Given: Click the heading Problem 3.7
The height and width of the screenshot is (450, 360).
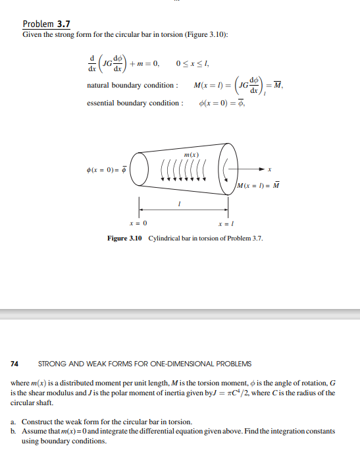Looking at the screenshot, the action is point(46,24).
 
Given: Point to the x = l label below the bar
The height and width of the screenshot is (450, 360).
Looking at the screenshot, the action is point(228,224).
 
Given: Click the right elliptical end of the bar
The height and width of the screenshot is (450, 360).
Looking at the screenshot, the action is point(228,170).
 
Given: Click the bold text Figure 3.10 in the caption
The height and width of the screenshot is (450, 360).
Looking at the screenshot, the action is point(125,238).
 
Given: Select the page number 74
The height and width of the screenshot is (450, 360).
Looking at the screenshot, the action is point(14,364).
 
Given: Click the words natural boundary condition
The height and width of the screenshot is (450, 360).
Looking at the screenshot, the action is point(132,86).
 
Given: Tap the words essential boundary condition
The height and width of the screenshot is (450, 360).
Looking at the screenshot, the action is point(135,103).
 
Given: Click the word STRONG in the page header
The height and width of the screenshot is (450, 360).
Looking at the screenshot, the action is point(53,364).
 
